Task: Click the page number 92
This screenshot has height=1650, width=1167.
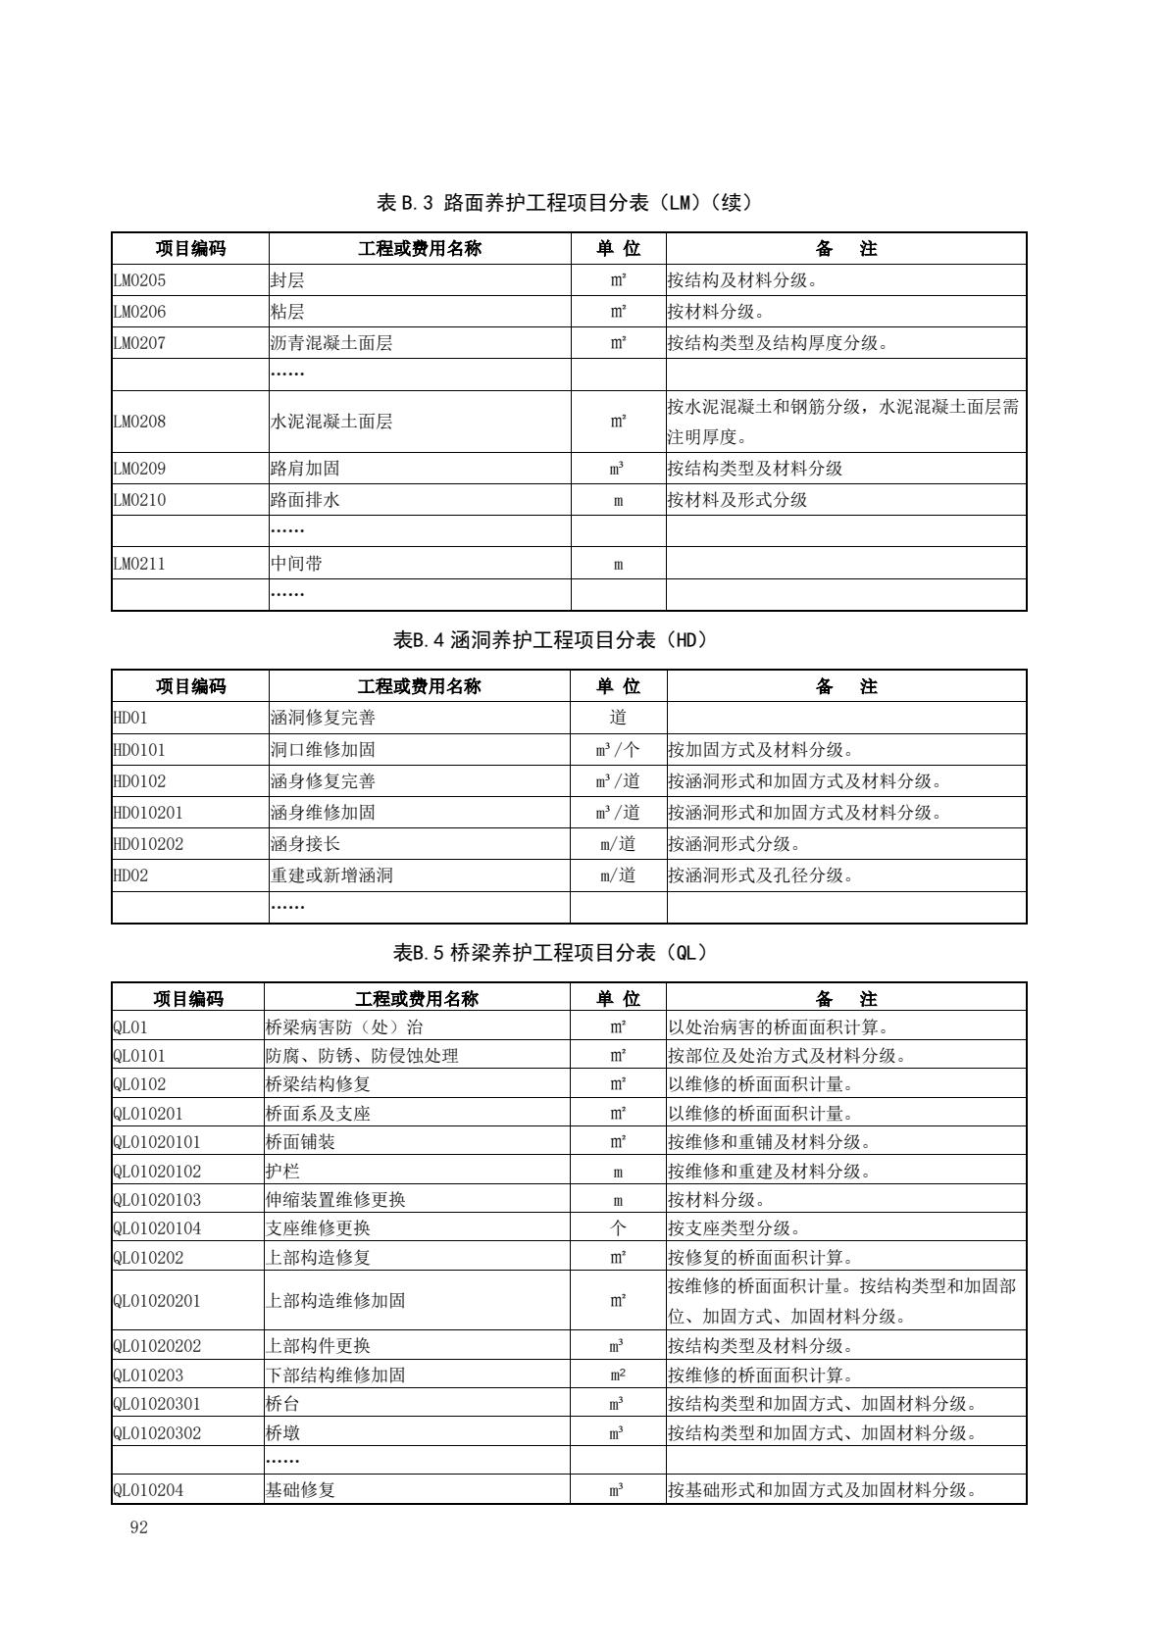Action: click(138, 1526)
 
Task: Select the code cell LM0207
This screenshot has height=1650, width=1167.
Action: click(139, 343)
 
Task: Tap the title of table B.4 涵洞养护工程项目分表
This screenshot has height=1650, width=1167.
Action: click(549, 640)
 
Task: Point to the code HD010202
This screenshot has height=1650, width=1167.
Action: click(148, 844)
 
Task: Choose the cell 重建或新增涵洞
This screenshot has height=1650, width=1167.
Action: click(331, 875)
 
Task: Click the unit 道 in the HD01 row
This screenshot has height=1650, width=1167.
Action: click(618, 718)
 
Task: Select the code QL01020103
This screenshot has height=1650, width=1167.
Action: click(157, 1200)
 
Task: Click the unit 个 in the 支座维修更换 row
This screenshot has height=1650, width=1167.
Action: click(618, 1228)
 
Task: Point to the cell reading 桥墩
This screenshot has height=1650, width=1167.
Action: click(282, 1433)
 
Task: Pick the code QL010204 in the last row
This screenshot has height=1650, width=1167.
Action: click(148, 1490)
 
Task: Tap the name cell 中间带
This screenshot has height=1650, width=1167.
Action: click(296, 564)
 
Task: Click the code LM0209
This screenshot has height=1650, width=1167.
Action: click(139, 469)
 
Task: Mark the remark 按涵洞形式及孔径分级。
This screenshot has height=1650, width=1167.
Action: click(761, 875)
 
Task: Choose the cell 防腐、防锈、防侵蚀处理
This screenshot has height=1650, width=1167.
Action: click(362, 1056)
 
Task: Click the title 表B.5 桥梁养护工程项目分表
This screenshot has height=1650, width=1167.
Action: click(549, 952)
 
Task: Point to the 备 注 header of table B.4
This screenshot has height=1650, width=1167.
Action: click(845, 686)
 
